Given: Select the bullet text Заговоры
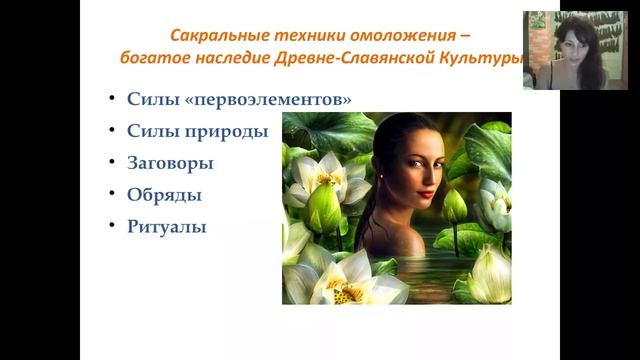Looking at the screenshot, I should pyautogui.click(x=170, y=162).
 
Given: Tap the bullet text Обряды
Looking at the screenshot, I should pyautogui.click(x=164, y=194).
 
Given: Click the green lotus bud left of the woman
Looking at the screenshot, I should pyautogui.click(x=322, y=206).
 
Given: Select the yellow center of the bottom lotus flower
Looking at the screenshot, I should pyautogui.click(x=350, y=291).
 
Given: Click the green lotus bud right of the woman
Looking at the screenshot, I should pyautogui.click(x=455, y=206).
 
